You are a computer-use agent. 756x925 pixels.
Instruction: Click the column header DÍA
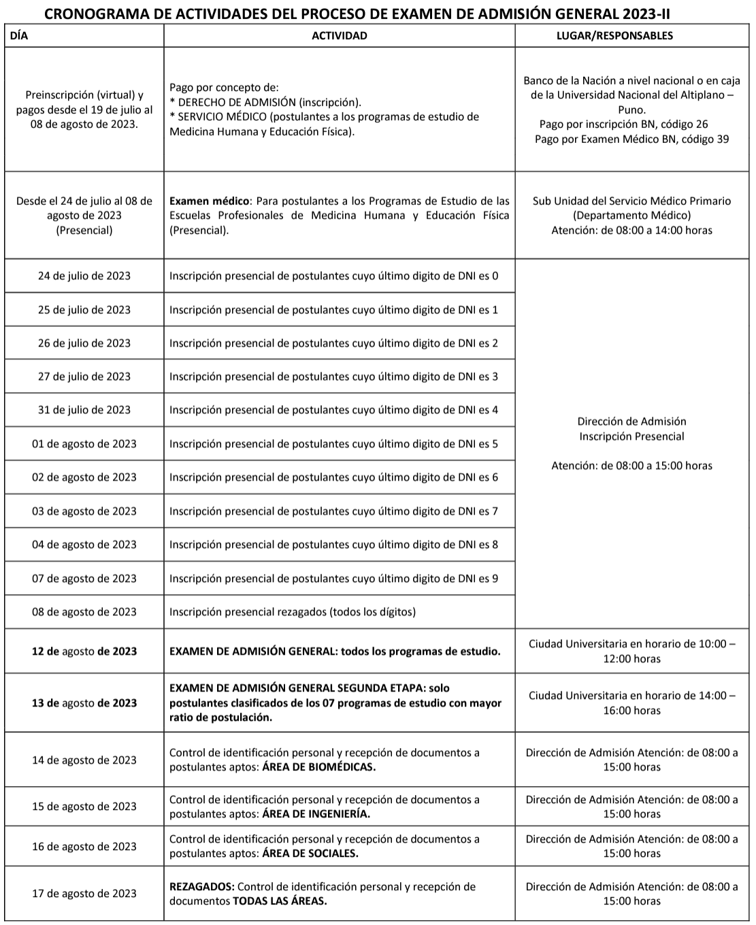point(19,35)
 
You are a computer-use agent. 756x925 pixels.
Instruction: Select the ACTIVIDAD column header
point(339,35)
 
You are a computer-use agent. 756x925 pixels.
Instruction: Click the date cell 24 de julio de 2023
point(84,276)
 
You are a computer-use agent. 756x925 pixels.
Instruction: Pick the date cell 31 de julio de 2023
point(84,410)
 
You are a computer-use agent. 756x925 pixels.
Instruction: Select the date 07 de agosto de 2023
point(84,579)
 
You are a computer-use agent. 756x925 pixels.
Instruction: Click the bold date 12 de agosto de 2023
point(84,651)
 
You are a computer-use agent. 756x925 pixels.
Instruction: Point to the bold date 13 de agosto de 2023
point(84,703)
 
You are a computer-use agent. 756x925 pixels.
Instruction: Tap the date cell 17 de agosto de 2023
point(84,894)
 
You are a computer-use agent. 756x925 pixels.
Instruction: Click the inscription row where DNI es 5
point(333,444)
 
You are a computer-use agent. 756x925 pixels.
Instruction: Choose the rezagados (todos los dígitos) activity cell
point(293,612)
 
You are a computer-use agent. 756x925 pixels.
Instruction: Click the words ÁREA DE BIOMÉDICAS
point(318,767)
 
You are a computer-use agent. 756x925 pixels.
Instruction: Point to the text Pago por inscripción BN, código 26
point(623,124)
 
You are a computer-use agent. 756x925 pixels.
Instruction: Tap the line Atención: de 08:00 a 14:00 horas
point(631,230)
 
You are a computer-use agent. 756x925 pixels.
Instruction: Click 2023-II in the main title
point(653,14)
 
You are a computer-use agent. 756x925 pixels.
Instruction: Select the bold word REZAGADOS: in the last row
point(201,887)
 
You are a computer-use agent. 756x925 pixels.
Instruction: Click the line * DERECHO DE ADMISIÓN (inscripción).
point(265,102)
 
